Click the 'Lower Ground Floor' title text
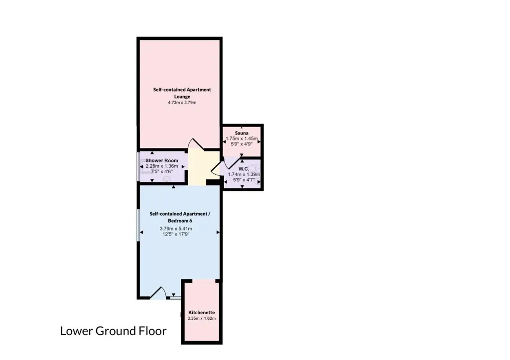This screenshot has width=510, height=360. click(113, 331)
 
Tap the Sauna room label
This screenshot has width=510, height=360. click(242, 133)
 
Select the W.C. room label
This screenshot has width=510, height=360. click(244, 169)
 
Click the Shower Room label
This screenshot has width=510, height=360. click(162, 160)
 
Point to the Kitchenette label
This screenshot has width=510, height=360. click(202, 313)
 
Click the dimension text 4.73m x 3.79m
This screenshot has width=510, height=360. click(182, 103)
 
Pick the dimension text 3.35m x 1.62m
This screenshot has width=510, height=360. click(202, 318)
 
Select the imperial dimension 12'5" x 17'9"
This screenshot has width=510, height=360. click(176, 234)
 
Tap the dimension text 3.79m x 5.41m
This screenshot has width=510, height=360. click(176, 229)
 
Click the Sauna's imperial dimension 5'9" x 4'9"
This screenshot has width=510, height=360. click(242, 144)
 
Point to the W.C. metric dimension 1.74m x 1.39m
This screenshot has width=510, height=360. click(244, 174)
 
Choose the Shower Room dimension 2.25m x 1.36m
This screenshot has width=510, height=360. click(162, 166)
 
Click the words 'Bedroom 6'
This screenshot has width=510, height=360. click(180, 221)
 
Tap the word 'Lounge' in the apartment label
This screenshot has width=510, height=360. click(182, 97)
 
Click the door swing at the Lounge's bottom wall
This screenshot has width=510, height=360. click(195, 144)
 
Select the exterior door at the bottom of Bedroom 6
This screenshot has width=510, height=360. click(158, 293)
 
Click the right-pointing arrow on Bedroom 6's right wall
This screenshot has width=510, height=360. click(218, 232)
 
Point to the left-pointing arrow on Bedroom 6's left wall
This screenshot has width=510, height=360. click(141, 232)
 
